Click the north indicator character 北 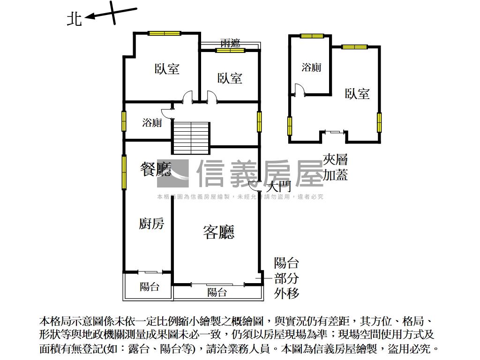click(75, 19)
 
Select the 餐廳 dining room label click(155, 169)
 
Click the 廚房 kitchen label click(151, 224)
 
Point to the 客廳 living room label click(218, 232)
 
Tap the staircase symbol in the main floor click(190, 137)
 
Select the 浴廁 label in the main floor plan click(152, 123)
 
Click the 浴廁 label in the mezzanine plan click(311, 67)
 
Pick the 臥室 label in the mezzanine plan click(357, 94)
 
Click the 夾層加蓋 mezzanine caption click(336, 168)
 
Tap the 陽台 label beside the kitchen click(150, 287)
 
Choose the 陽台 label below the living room click(217, 292)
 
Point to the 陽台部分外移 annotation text click(286, 278)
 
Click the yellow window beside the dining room click(124, 172)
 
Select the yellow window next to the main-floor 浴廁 click(124, 121)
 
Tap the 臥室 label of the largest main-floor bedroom click(167, 69)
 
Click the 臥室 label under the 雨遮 click(230, 78)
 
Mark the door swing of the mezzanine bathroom click(299, 90)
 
